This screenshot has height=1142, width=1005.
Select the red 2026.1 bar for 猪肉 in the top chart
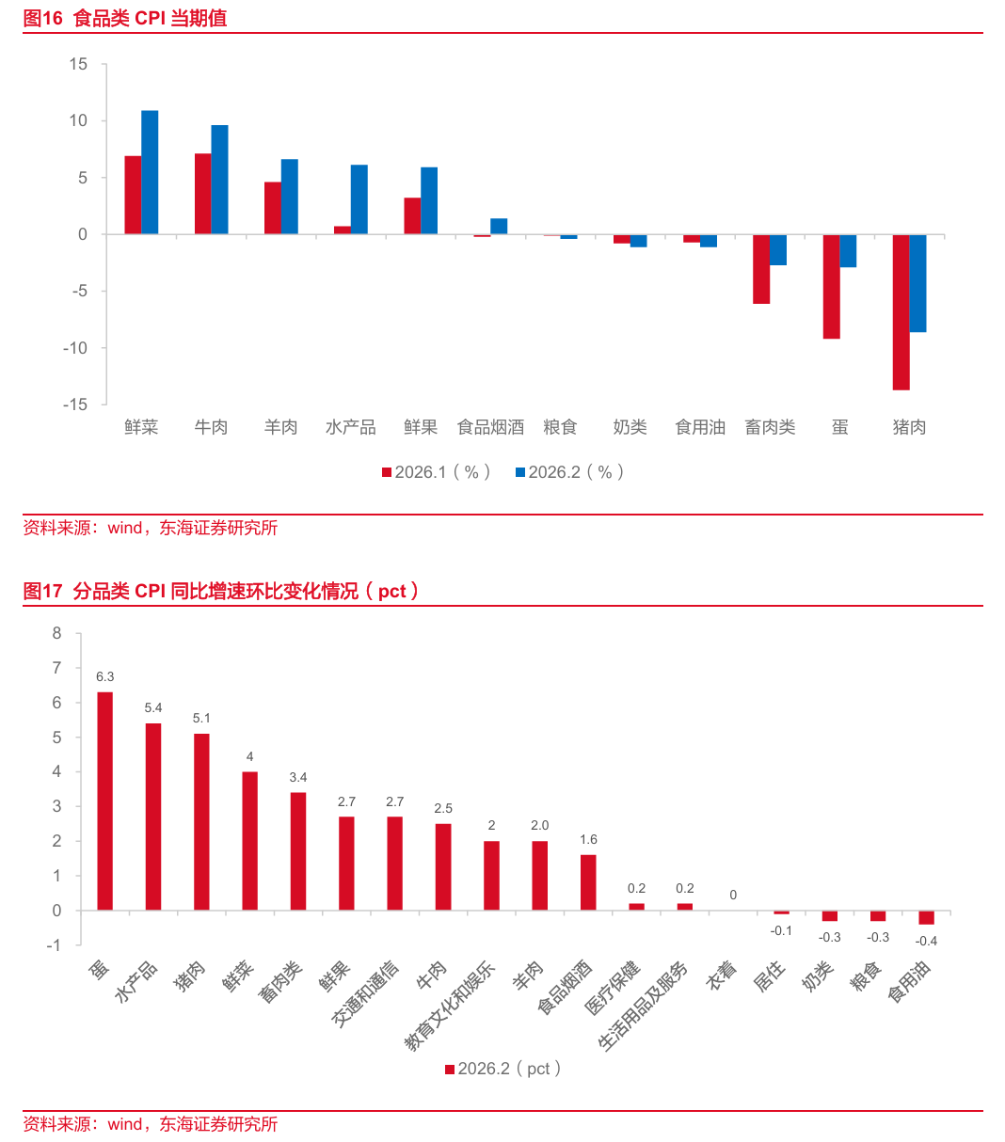(901, 311)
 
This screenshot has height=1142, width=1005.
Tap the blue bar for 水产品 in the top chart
(359, 199)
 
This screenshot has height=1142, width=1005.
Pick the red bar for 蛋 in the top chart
(831, 286)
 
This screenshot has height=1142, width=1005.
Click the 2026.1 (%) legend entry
(437, 472)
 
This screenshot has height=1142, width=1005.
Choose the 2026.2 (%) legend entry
(570, 472)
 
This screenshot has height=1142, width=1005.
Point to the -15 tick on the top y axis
(75, 404)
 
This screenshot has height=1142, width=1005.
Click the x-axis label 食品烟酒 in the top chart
(490, 427)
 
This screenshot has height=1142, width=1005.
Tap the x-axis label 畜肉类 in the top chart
(770, 427)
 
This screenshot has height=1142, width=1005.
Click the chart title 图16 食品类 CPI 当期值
(125, 19)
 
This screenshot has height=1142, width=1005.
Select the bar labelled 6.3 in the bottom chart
(104, 801)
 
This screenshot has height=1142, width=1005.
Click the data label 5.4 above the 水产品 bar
(153, 707)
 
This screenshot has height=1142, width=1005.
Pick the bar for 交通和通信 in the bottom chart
(395, 863)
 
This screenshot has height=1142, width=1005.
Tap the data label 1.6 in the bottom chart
(588, 839)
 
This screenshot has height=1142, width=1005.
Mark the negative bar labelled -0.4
(926, 917)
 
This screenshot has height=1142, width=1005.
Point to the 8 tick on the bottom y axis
(57, 634)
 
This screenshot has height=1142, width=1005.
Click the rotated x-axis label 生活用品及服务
(645, 1006)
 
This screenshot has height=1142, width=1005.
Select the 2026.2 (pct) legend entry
(503, 1069)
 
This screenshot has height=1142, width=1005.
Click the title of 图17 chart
(221, 591)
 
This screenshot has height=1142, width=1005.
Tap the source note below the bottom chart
(151, 1124)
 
